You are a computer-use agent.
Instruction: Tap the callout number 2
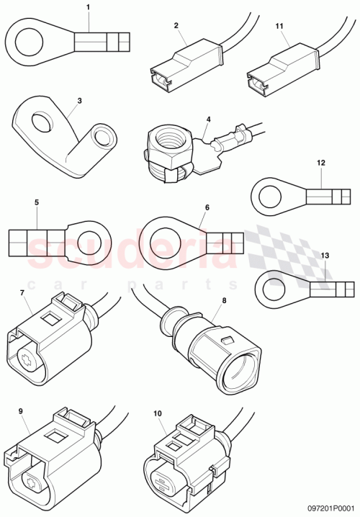coord(176,25)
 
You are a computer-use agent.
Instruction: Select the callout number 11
coord(280,25)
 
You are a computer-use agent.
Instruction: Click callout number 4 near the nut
coord(208,119)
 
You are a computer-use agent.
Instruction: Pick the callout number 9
coord(20,411)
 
